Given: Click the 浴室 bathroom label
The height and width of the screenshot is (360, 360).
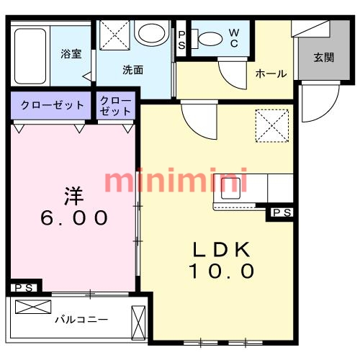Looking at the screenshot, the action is [x=71, y=54].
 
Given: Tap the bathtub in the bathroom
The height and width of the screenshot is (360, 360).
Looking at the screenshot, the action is [x=30, y=56].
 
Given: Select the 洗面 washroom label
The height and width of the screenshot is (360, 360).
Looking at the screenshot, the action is [x=132, y=70].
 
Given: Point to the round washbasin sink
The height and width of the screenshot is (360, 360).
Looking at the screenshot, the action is [x=152, y=33].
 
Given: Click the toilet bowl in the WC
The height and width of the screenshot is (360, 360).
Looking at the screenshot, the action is [x=210, y=39].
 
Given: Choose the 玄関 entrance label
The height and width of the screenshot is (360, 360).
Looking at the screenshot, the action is [x=324, y=58].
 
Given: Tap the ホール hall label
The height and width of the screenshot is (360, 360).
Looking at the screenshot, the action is [x=271, y=73].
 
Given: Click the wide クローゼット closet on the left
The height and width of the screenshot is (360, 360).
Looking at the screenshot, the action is [x=53, y=105].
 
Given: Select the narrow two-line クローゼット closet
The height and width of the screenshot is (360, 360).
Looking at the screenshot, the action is [x=115, y=106].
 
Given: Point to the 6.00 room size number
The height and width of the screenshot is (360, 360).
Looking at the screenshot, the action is [x=74, y=217].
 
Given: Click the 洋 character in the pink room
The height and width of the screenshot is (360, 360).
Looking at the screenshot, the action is [x=74, y=196].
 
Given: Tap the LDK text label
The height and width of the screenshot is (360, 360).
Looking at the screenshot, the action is [x=222, y=250].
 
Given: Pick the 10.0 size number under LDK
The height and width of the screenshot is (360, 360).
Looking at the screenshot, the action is [x=221, y=271].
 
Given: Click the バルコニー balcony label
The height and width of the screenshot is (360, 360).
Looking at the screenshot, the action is [x=81, y=320].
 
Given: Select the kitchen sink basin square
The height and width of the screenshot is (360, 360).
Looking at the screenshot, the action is [x=230, y=189].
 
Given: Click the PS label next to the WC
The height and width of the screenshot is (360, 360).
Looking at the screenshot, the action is [x=181, y=40].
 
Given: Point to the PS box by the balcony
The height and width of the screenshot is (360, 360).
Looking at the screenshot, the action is [x=24, y=287].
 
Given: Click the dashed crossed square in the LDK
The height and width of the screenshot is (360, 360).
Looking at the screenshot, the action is [x=272, y=125].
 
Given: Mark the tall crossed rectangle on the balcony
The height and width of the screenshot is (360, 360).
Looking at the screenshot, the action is [x=138, y=323].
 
